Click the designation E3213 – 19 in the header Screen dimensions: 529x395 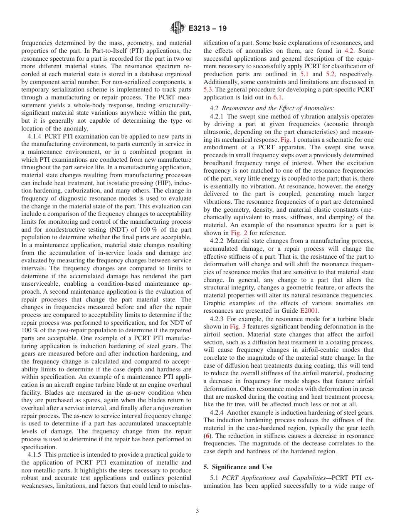point(207,29)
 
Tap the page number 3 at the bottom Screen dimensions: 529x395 point(197,511)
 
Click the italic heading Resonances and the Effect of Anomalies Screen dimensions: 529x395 point(278,108)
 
